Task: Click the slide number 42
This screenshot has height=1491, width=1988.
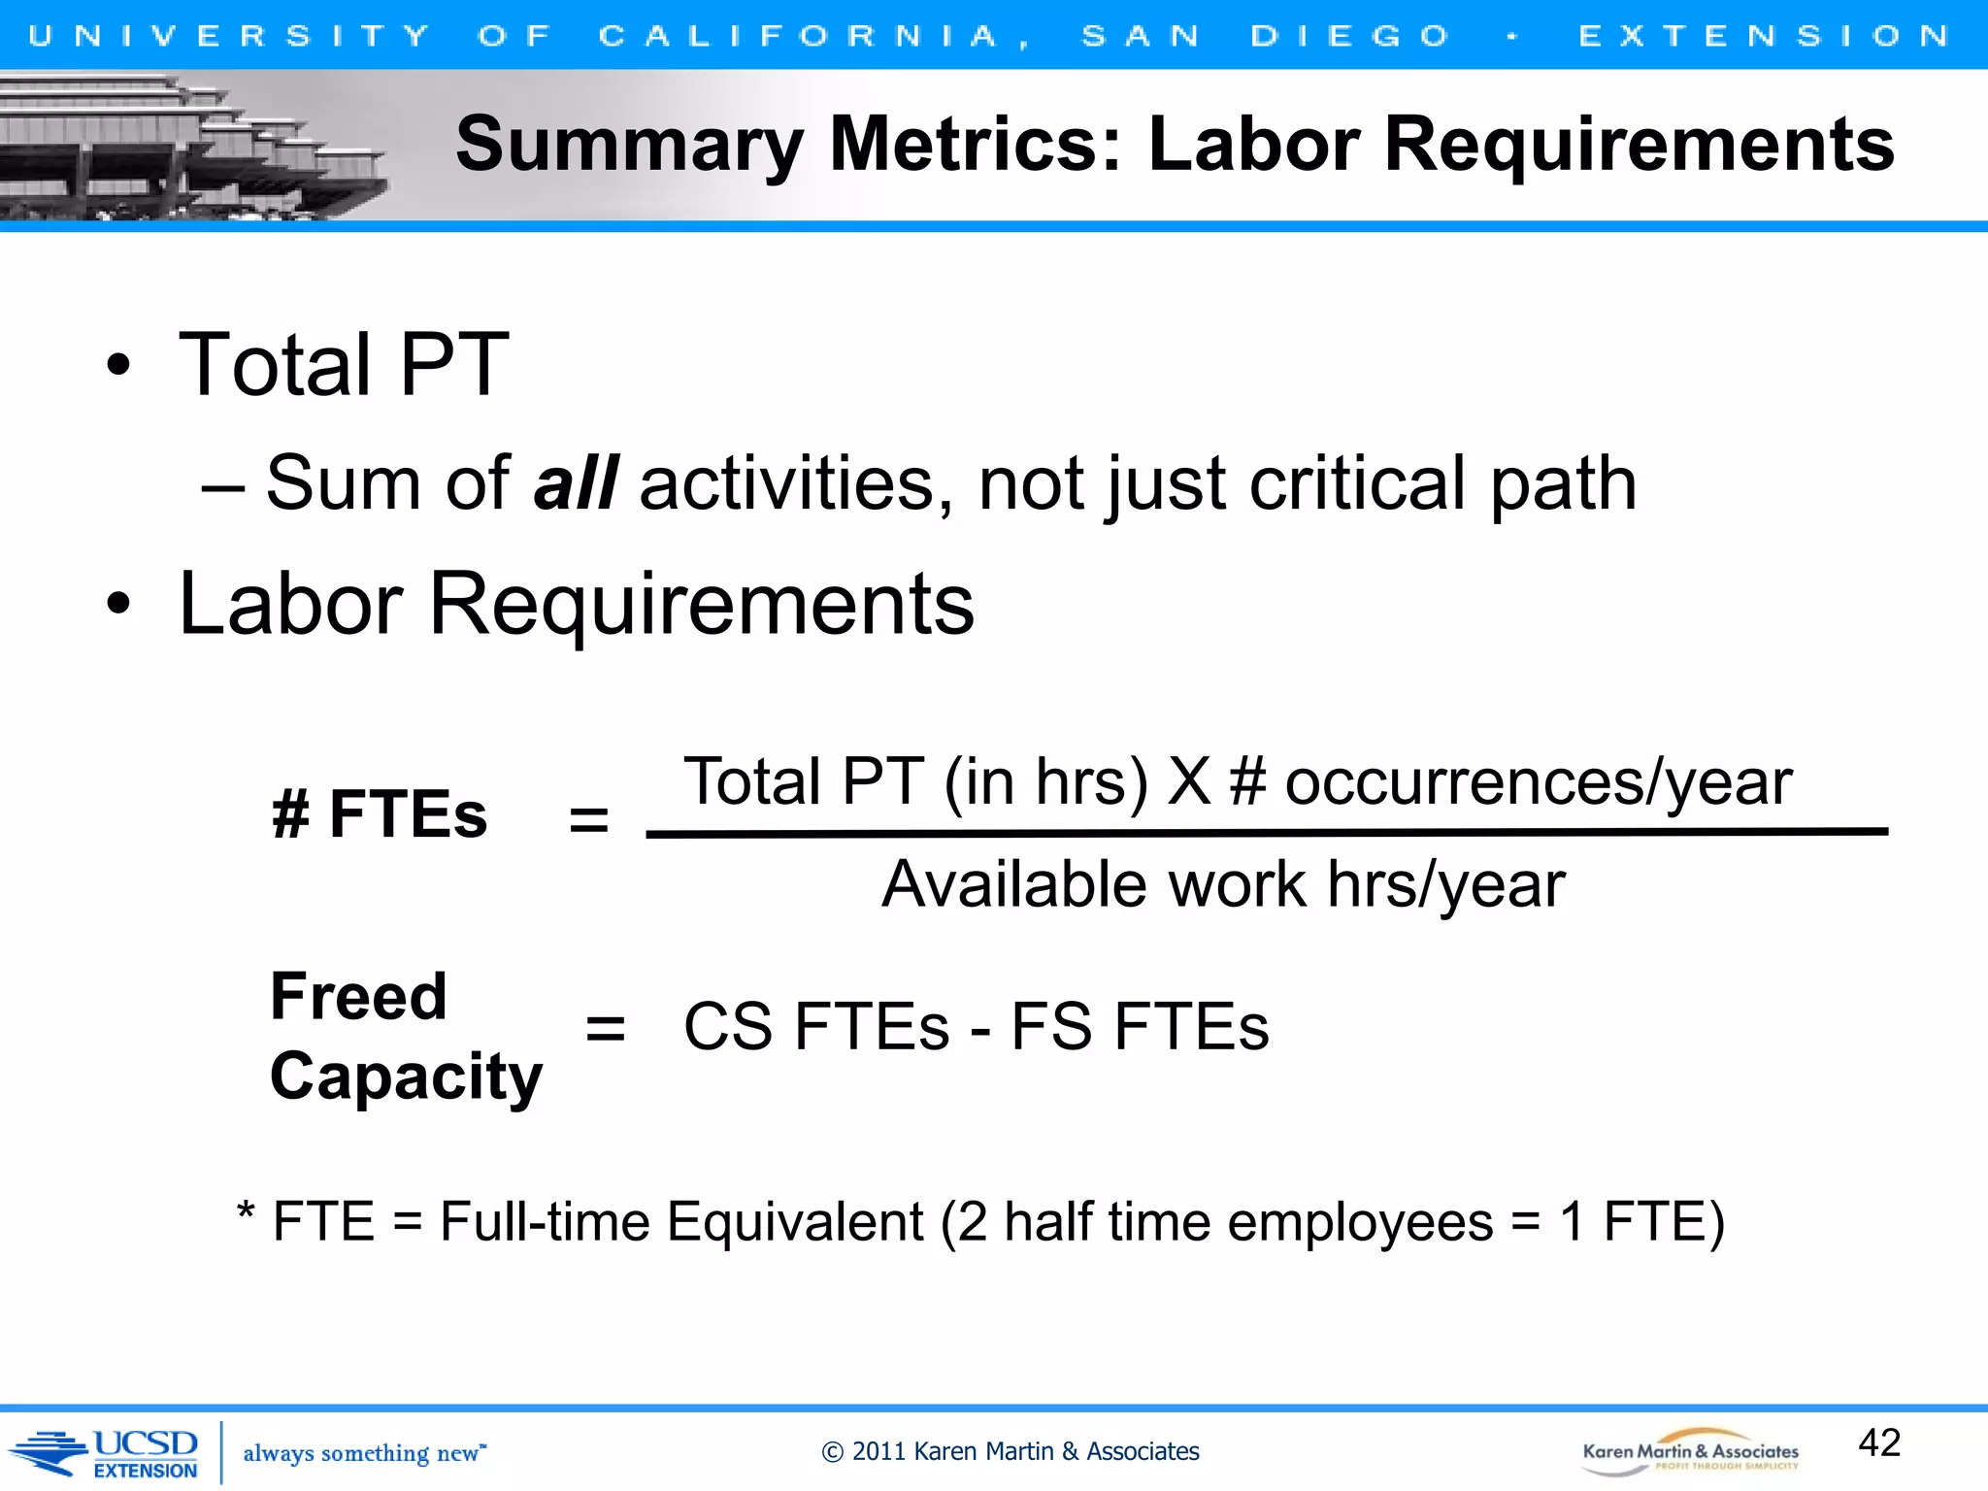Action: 1878,1442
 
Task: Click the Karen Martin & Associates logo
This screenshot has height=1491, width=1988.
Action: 1690,1452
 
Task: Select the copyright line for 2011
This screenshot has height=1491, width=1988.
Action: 1010,1451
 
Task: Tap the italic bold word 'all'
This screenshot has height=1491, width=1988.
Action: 575,482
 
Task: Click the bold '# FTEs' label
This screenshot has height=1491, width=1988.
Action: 380,813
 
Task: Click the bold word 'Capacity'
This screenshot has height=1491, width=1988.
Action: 406,1077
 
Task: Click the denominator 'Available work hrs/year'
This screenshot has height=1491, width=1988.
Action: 1223,884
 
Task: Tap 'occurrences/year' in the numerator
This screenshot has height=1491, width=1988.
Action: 1538,781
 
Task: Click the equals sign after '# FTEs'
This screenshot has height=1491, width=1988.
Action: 588,819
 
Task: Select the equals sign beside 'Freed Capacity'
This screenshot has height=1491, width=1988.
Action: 606,1028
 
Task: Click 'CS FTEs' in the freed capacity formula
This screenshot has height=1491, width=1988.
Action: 815,1027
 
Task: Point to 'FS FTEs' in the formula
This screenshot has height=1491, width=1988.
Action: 1140,1027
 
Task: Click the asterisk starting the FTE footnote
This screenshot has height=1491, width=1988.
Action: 246,1213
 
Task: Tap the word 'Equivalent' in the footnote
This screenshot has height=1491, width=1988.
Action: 795,1221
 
